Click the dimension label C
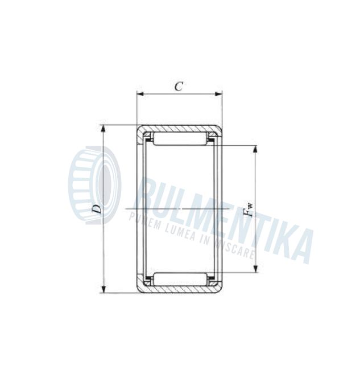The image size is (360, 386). (179, 86)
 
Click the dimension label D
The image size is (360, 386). (97, 209)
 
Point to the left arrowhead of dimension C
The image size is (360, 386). (139, 94)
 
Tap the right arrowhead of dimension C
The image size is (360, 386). (219, 94)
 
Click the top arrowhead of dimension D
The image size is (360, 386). (104, 128)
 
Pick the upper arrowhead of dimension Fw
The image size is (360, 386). (255, 149)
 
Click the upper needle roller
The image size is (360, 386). (179, 139)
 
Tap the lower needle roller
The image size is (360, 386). (179, 279)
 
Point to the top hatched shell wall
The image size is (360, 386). (179, 128)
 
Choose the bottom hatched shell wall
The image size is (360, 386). (179, 290)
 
